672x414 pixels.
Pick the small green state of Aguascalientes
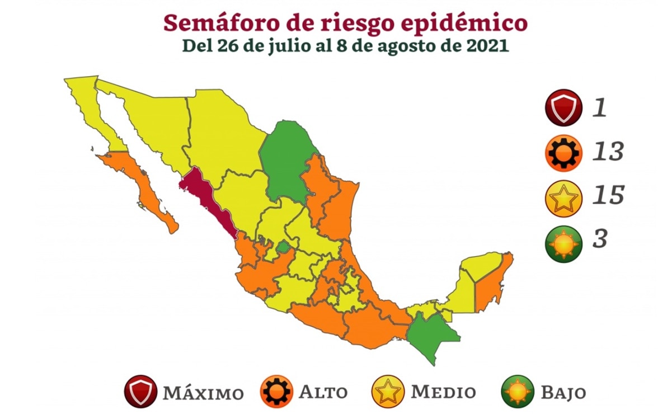pyautogui.click(x=284, y=246)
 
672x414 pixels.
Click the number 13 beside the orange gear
pyautogui.click(x=608, y=151)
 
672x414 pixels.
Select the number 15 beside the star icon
pyautogui.click(x=608, y=195)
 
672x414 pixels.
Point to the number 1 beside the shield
pyautogui.click(x=600, y=107)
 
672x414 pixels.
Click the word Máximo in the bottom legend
pyautogui.click(x=203, y=392)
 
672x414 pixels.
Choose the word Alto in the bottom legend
pyautogui.click(x=323, y=392)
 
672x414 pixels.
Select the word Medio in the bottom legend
pyautogui.click(x=443, y=392)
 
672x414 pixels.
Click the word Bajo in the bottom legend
pyautogui.click(x=563, y=392)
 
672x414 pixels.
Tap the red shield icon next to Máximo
pyautogui.click(x=140, y=391)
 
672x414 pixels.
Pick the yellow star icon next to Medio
pyautogui.click(x=387, y=391)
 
